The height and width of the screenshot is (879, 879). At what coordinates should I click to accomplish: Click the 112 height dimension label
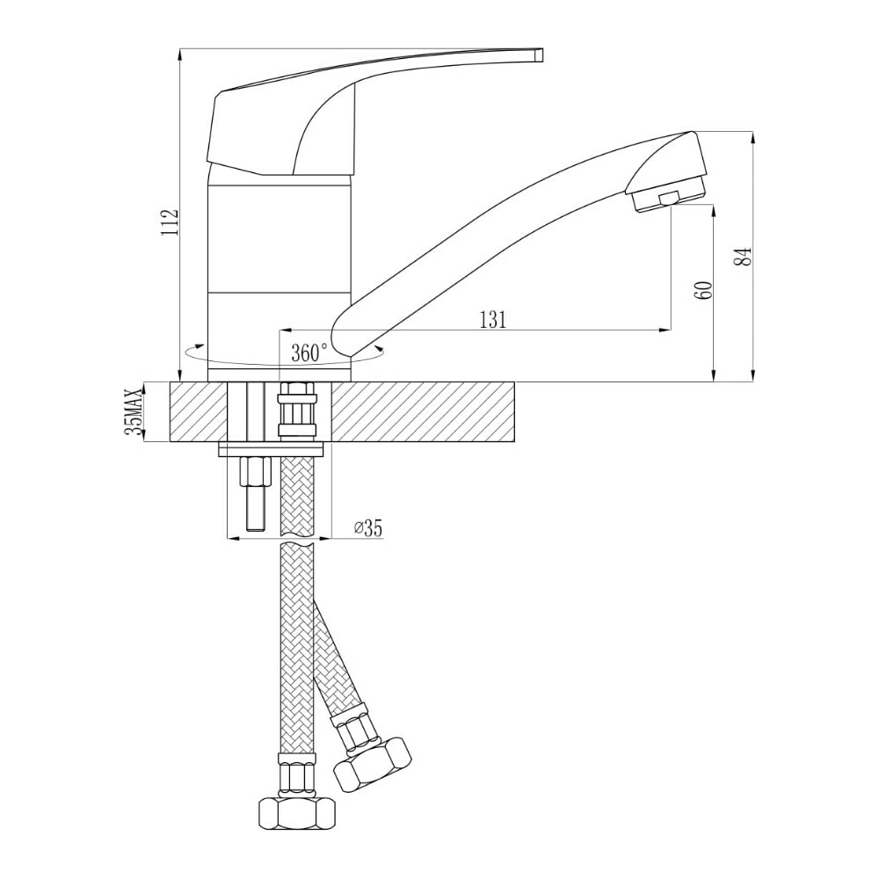click(170, 222)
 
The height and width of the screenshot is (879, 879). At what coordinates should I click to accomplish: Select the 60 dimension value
click(704, 289)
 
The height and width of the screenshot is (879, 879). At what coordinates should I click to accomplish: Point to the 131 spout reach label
click(493, 320)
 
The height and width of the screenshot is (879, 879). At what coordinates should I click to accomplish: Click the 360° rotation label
click(309, 353)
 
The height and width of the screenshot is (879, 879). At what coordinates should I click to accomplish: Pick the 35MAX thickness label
click(133, 411)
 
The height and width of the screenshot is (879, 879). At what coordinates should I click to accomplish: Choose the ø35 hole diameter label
click(367, 528)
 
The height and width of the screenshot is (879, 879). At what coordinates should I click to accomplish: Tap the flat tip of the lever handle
click(539, 54)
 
